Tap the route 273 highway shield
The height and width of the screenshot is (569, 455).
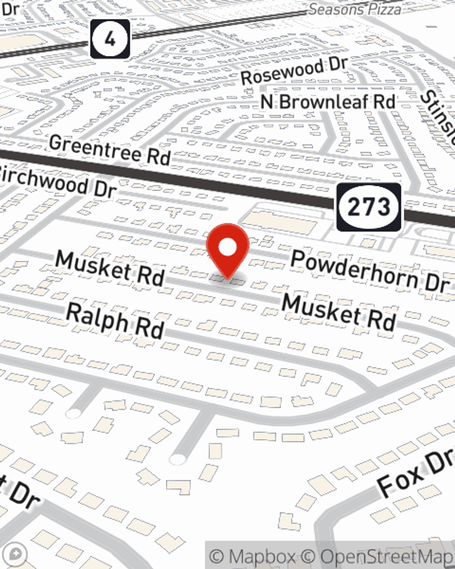[x=369, y=207]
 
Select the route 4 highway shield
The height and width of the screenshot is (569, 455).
[x=110, y=39]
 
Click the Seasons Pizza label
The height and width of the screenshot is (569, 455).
[x=355, y=9]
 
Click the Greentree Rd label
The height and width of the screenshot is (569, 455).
[x=110, y=150]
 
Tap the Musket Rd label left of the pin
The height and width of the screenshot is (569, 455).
[x=110, y=268]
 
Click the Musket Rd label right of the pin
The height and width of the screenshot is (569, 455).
[x=339, y=312]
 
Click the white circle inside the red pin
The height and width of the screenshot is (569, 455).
[x=227, y=248]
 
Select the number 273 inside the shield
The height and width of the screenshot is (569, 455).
[x=369, y=207]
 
